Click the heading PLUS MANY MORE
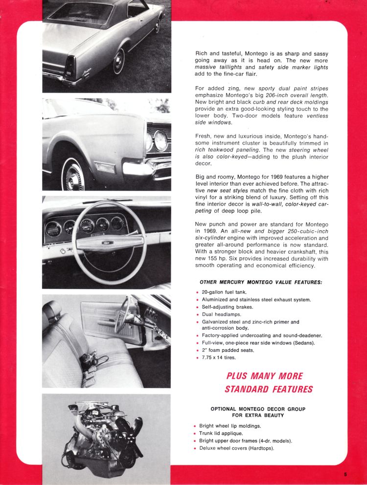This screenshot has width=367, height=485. click(264, 376)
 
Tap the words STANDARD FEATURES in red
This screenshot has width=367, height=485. click(268, 389)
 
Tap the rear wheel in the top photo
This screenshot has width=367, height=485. click(119, 62)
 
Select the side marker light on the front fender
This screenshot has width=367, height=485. click(105, 167)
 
